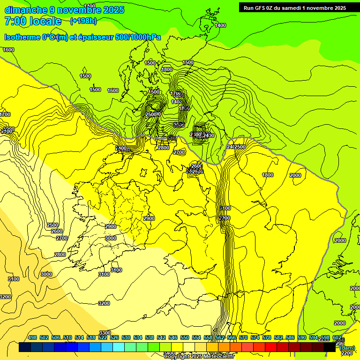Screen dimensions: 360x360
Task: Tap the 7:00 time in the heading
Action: pyautogui.click(x=14, y=21)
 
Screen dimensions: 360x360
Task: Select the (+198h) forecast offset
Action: pyautogui.click(x=83, y=21)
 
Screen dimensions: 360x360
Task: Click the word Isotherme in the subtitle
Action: pyautogui.click(x=22, y=37)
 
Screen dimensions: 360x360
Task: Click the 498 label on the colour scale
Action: pyautogui.click(x=32, y=338)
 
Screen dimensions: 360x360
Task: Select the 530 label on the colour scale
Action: pyautogui.click(x=126, y=338)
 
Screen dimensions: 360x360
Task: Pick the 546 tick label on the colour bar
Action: pyautogui.click(x=173, y=338)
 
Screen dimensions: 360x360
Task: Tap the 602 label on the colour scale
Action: pyautogui.click(x=337, y=338)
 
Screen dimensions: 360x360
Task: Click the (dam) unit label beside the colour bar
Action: pyautogui.click(x=347, y=348)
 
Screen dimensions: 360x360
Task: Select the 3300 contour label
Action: pyautogui.click(x=105, y=333)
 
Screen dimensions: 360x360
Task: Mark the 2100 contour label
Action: pyautogui.click(x=225, y=208)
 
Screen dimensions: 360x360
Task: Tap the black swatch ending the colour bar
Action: pyautogui.click(x=330, y=347)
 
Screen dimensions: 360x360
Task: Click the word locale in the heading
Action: pyautogui.click(x=45, y=21)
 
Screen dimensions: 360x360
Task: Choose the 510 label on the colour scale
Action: pyautogui.click(x=67, y=338)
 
